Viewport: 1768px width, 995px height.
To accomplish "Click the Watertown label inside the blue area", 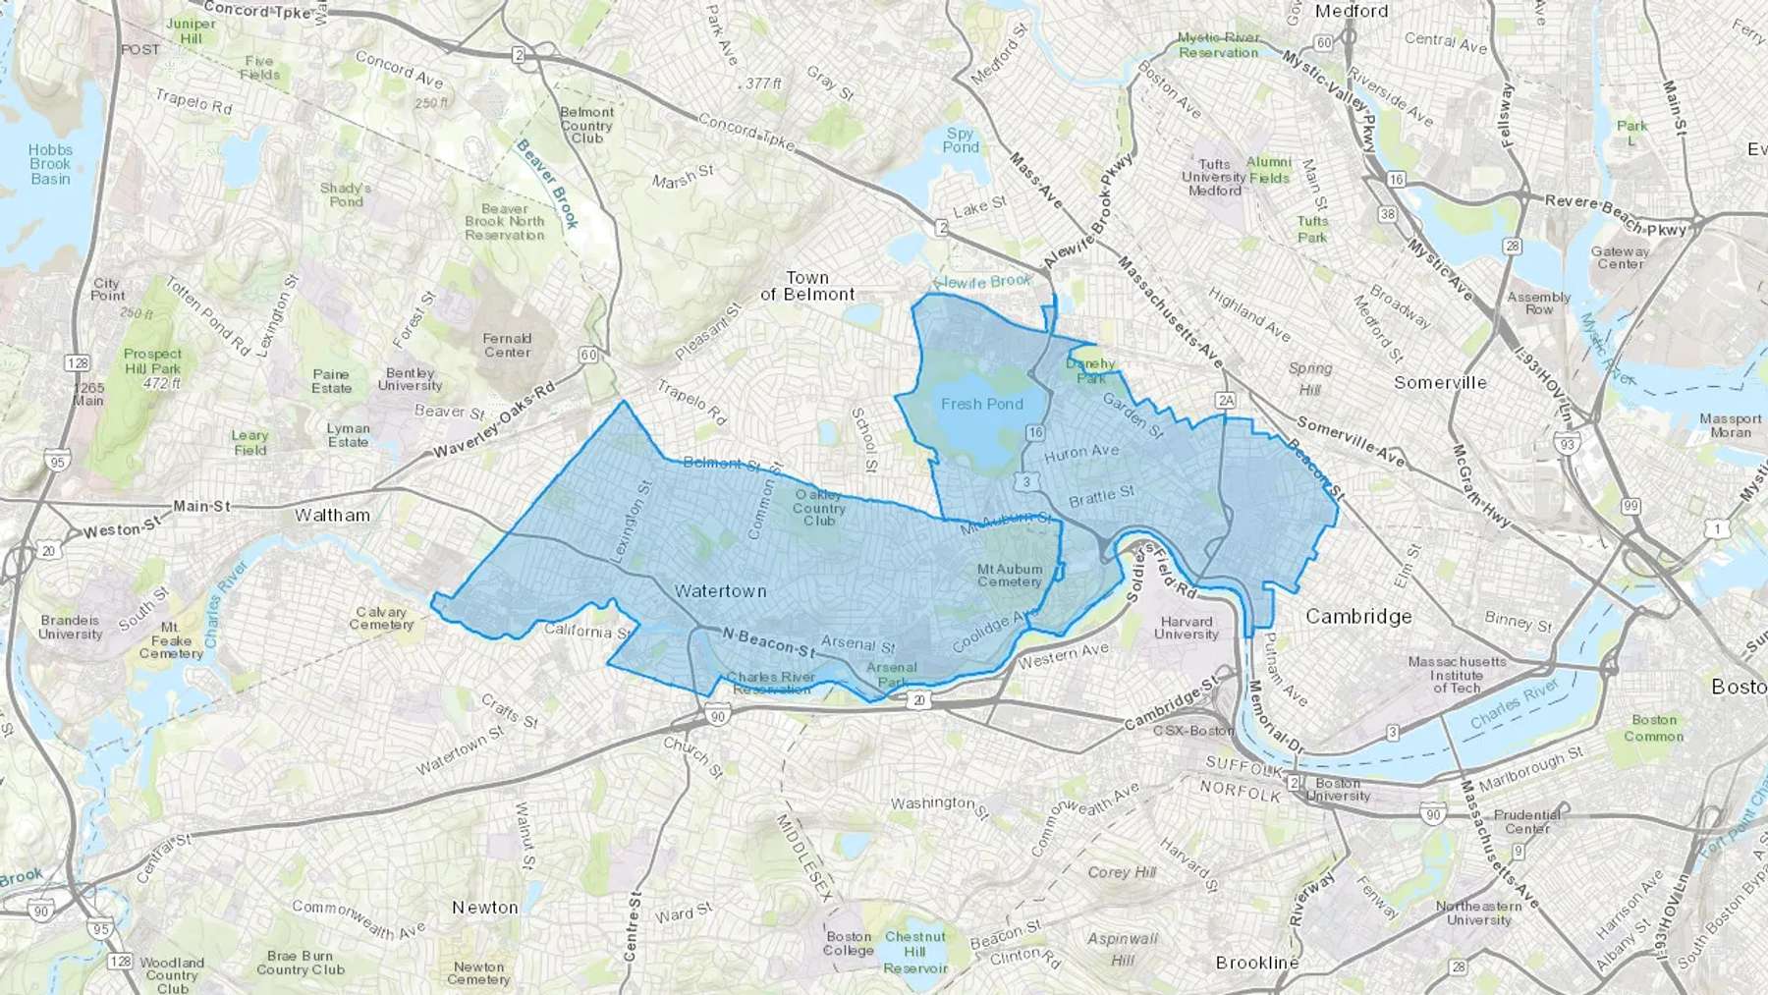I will (720, 591).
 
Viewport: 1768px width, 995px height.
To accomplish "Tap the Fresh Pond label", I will (981, 404).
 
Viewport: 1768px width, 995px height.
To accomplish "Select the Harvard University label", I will (1187, 628).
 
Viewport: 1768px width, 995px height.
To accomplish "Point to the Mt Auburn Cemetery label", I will (1010, 576).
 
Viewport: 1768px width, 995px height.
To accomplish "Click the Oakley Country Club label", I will (819, 508).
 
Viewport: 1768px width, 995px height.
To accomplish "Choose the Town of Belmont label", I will (807, 286).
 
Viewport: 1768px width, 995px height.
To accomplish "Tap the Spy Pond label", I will (961, 140).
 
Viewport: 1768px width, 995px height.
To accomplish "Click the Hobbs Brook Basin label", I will (50, 164).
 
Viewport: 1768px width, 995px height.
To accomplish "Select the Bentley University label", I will (410, 379).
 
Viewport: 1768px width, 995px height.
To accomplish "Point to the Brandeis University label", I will (70, 628).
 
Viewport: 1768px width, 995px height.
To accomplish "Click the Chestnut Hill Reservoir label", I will (915, 952).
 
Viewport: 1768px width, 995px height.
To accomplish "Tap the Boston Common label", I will (1653, 728).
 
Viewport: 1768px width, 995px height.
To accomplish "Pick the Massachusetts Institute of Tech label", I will (1457, 675).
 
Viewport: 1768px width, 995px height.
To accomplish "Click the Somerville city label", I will (1440, 382).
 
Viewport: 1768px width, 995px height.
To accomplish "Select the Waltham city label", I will (332, 515).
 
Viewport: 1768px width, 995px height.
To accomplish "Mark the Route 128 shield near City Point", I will (78, 363).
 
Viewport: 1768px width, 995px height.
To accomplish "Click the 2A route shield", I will (1224, 400).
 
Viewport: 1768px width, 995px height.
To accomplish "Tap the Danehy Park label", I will (1090, 370).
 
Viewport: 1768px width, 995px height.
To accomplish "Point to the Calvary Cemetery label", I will (381, 618).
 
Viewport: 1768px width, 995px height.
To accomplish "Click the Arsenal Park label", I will (892, 675).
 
